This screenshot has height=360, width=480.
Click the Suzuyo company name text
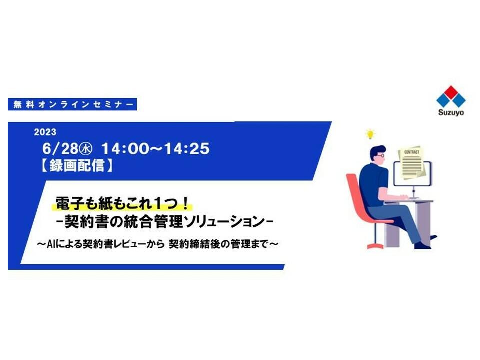pos(451,112)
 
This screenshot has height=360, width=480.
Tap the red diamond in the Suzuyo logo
pos(451,93)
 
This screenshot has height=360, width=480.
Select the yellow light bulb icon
pos(370,134)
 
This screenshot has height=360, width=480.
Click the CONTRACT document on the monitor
pos(411,162)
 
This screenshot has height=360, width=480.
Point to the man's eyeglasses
pos(380,156)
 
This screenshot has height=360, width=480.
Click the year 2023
pos(45,132)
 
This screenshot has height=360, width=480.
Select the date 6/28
pos(60,149)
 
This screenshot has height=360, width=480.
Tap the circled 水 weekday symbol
pos(85,149)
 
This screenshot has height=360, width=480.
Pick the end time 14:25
pos(186,149)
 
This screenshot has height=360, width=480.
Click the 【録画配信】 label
pos(76,165)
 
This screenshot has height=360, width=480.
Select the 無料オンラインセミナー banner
pos(72,104)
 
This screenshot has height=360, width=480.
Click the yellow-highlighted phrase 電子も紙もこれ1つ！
pos(122,203)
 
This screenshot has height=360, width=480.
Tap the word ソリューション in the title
pos(224,221)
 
